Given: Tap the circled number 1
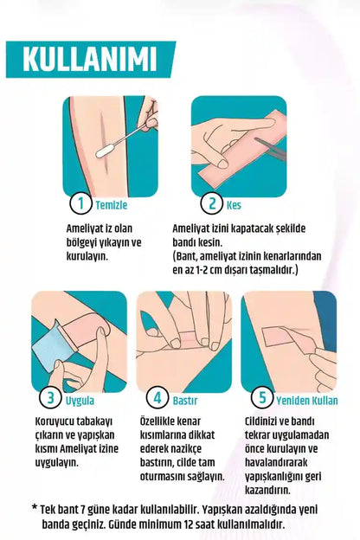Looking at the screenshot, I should [x=80, y=204].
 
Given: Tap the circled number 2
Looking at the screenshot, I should [x=211, y=204].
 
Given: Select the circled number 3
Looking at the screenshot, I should [x=51, y=399].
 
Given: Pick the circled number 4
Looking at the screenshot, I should [x=157, y=399].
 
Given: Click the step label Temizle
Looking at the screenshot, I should [x=111, y=205].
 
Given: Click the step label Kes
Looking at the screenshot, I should [x=234, y=205].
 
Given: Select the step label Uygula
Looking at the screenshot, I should [x=80, y=400].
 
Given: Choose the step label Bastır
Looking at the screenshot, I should [x=185, y=400].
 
